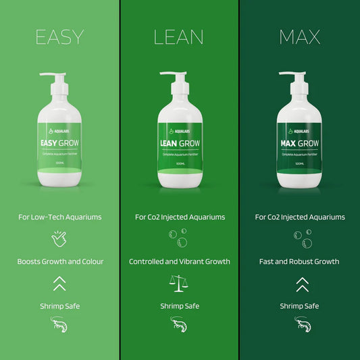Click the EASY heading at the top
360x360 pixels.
pyautogui.click(x=59, y=36)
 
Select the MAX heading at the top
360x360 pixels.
pyautogui.click(x=299, y=36)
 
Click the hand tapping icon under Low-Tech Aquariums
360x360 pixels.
pyautogui.click(x=59, y=238)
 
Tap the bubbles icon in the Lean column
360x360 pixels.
pyautogui.click(x=180, y=238)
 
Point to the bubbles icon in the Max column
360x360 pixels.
pyautogui.click(x=300, y=238)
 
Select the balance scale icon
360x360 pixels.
pyautogui.click(x=180, y=283)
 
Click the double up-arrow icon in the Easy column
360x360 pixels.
pyautogui.click(x=59, y=283)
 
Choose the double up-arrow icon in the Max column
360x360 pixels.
pyautogui.click(x=300, y=283)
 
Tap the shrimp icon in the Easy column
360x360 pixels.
pyautogui.click(x=59, y=326)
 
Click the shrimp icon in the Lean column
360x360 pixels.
pyautogui.click(x=180, y=326)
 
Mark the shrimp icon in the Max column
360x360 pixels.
pyautogui.click(x=300, y=326)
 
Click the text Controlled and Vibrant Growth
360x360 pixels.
pyautogui.click(x=180, y=261)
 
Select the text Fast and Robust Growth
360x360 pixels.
pyautogui.click(x=300, y=261)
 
